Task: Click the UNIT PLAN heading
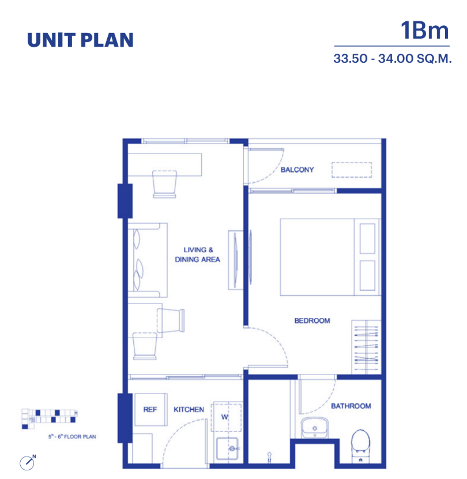[80, 40]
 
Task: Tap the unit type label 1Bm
[424, 31]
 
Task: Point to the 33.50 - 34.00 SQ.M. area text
[392, 58]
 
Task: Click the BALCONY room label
[297, 170]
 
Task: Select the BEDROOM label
[312, 321]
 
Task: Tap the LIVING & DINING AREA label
[198, 255]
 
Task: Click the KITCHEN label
[189, 410]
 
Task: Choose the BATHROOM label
[351, 406]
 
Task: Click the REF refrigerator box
[151, 409]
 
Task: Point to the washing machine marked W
[226, 417]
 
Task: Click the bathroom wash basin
[314, 428]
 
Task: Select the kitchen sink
[227, 448]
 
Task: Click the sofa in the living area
[148, 260]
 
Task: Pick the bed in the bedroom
[330, 257]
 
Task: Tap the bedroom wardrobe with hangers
[366, 347]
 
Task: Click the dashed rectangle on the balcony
[352, 170]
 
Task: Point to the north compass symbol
[28, 462]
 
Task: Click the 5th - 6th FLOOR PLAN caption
[72, 436]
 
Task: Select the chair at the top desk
[164, 184]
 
